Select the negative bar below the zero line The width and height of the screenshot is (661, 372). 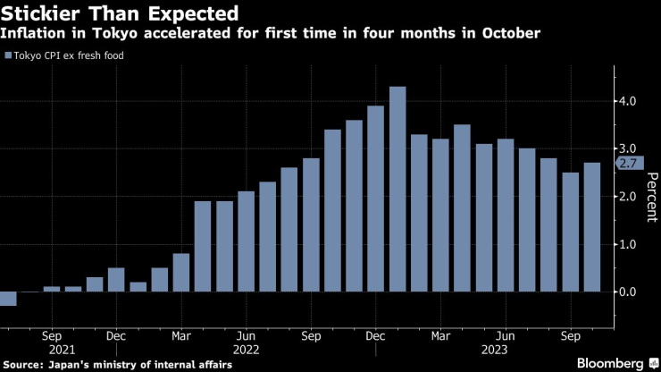click(x=8, y=299)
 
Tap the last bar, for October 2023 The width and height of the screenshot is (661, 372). click(x=591, y=227)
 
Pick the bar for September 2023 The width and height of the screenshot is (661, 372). click(x=570, y=232)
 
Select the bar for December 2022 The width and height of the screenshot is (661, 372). click(x=376, y=199)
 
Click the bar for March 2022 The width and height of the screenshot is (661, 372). click(x=181, y=273)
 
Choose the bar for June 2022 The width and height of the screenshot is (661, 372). click(x=246, y=241)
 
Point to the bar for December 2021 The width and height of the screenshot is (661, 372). click(x=116, y=280)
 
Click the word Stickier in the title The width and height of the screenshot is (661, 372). click(x=39, y=13)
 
